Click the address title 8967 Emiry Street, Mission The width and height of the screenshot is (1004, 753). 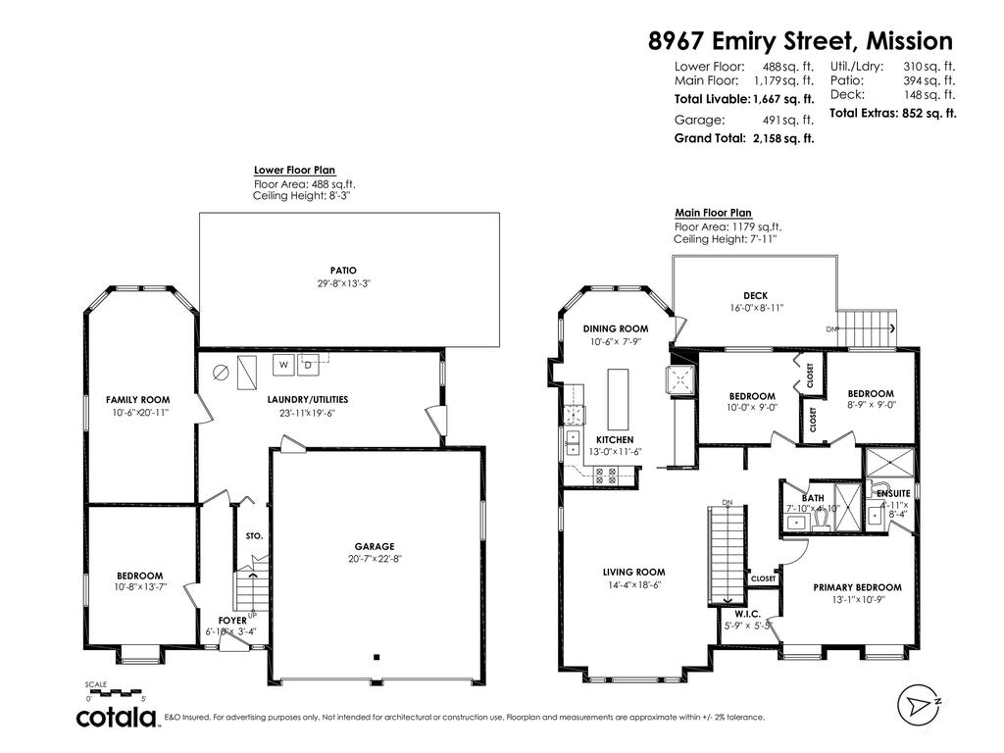pyautogui.click(x=800, y=41)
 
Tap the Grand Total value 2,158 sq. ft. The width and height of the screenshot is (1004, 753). pyautogui.click(x=783, y=139)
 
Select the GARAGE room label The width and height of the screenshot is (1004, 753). pyautogui.click(x=375, y=547)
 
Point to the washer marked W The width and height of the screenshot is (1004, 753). pyautogui.click(x=283, y=365)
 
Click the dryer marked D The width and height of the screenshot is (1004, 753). pyautogui.click(x=308, y=365)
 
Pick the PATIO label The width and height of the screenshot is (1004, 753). pyautogui.click(x=343, y=271)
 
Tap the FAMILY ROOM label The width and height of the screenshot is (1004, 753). pyautogui.click(x=138, y=400)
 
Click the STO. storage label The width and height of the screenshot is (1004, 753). pyautogui.click(x=253, y=537)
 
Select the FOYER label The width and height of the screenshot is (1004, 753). pyautogui.click(x=233, y=621)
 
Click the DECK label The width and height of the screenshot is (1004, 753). pyautogui.click(x=755, y=295)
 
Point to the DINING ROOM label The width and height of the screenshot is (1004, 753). pyautogui.click(x=616, y=328)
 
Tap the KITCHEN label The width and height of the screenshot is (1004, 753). pyautogui.click(x=615, y=439)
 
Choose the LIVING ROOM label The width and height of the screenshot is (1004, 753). pyautogui.click(x=633, y=572)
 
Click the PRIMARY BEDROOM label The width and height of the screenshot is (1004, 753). pyautogui.click(x=857, y=587)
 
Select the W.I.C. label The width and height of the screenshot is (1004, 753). pyautogui.click(x=748, y=614)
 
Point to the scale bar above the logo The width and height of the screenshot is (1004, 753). pyautogui.click(x=116, y=692)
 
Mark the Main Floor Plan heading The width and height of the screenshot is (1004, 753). pyautogui.click(x=713, y=213)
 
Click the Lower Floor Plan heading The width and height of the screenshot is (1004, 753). pyautogui.click(x=294, y=170)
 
